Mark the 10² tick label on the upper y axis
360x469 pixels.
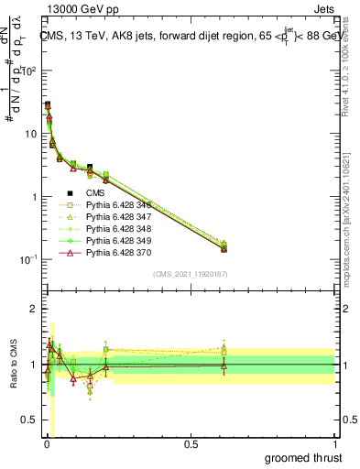click(29, 71)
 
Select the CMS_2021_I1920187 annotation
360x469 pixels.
click(190, 275)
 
